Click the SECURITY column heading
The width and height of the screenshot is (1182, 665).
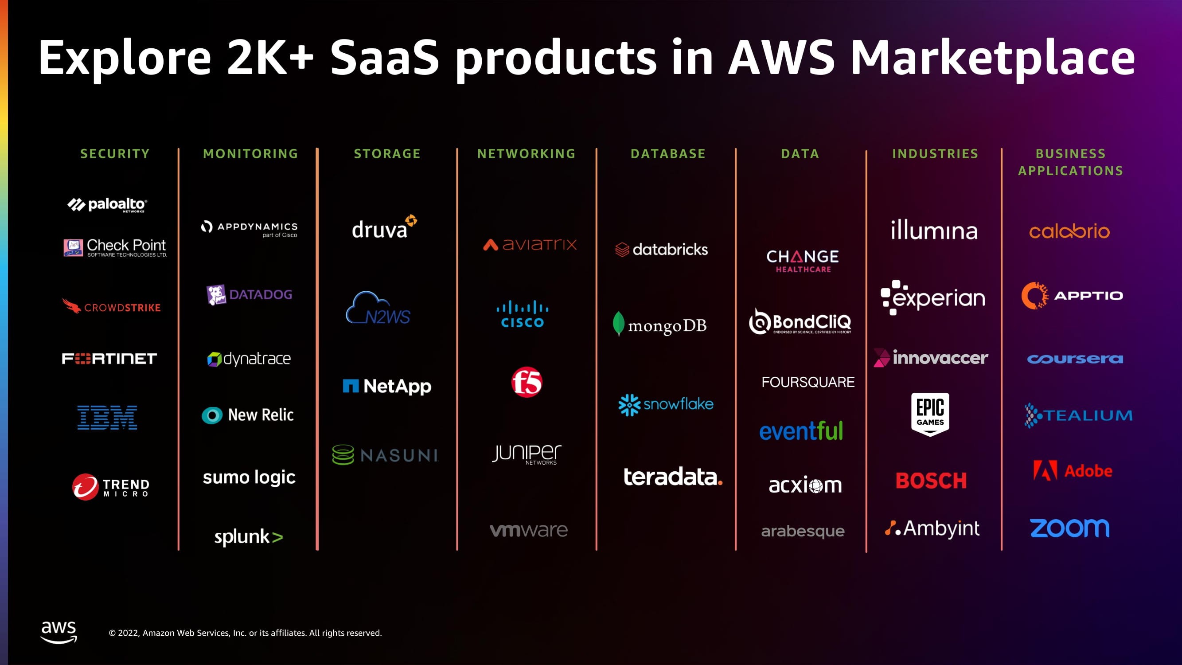point(115,154)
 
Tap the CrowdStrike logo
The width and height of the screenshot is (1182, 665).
point(112,307)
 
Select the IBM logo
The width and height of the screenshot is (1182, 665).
point(107,417)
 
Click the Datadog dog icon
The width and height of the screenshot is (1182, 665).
point(216,295)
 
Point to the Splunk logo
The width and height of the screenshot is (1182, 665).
point(248,536)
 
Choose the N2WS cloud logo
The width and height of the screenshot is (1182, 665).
point(378,309)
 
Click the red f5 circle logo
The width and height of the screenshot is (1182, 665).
point(527,382)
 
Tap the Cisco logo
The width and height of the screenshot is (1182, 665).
point(522,314)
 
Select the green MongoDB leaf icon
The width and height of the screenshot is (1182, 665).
point(619,324)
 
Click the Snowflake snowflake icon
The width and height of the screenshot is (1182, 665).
point(628,405)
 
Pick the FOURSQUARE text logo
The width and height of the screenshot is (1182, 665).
point(808,382)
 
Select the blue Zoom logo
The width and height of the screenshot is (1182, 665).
point(1069,528)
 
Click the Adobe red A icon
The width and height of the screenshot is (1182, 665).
point(1045,470)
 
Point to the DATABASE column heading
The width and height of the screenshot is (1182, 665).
point(667,154)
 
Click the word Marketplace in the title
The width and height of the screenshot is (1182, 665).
point(992,58)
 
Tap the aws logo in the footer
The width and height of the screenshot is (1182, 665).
point(59,632)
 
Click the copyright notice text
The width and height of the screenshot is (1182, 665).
point(245,633)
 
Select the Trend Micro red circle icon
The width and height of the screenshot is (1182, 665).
point(86,486)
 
